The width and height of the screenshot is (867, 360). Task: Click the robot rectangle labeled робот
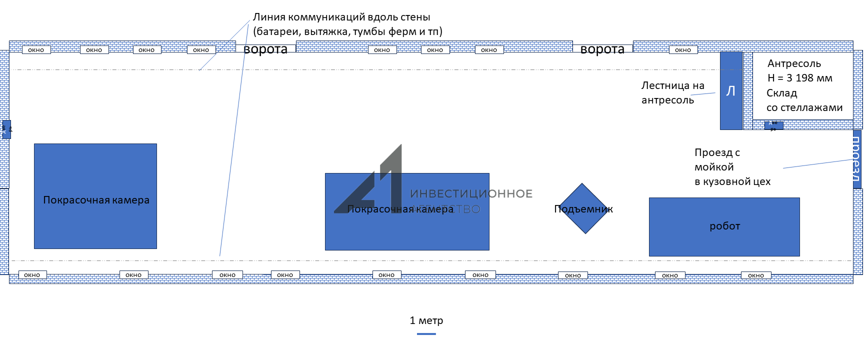coord(724,226)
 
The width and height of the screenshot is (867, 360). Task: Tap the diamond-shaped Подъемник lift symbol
coord(583,208)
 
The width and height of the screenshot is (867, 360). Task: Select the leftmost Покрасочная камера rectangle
coord(95,196)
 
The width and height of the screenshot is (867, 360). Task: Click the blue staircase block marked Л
coord(730,90)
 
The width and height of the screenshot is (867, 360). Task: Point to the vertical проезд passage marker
coord(856,159)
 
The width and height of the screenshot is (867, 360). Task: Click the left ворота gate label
coord(265,49)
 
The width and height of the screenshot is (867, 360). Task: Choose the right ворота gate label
coord(602,49)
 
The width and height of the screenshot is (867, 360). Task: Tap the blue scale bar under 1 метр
coord(426,333)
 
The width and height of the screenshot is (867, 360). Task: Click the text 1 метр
coord(426,320)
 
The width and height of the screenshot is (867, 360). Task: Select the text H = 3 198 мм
coord(799,78)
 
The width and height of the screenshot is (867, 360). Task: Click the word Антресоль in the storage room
coord(794,63)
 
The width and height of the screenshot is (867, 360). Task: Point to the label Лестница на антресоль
coord(672,92)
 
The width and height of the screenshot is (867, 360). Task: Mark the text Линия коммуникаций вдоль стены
coord(341,17)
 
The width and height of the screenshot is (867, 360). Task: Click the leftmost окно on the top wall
coord(36,50)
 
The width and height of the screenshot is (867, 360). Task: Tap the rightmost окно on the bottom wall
coord(755,275)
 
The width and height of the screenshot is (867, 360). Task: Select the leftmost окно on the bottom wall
coord(32,275)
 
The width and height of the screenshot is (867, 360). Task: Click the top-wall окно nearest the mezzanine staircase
coord(682,50)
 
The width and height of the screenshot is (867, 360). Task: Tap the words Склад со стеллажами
coord(804,100)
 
